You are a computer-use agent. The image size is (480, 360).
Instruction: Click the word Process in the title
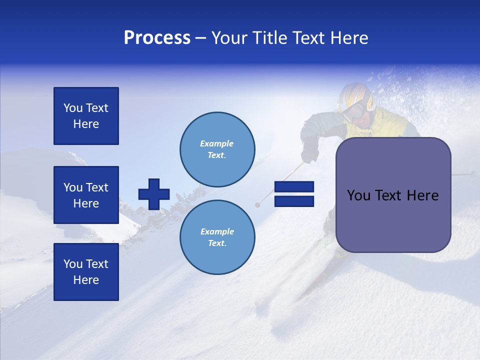pos(157,38)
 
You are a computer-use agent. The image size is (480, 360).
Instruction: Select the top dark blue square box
pos(86,116)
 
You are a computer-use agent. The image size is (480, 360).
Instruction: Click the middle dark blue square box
pos(86,195)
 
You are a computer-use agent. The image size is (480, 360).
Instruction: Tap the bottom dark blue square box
pos(86,271)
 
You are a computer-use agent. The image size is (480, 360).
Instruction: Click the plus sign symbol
pos(154,194)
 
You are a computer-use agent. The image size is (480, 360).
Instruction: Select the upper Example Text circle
pos(217,149)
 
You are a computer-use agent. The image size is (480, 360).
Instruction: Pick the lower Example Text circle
pos(217,237)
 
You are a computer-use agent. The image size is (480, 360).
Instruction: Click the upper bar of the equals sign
pos(294,187)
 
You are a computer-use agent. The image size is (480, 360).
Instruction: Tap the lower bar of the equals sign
pos(294,201)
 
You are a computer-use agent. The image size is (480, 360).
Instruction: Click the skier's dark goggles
pos(354,111)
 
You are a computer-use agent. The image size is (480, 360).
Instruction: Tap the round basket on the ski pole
pos(258,204)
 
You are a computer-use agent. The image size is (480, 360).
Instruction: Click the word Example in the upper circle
pos(217,143)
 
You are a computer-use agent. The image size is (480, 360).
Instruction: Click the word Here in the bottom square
pos(86,280)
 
